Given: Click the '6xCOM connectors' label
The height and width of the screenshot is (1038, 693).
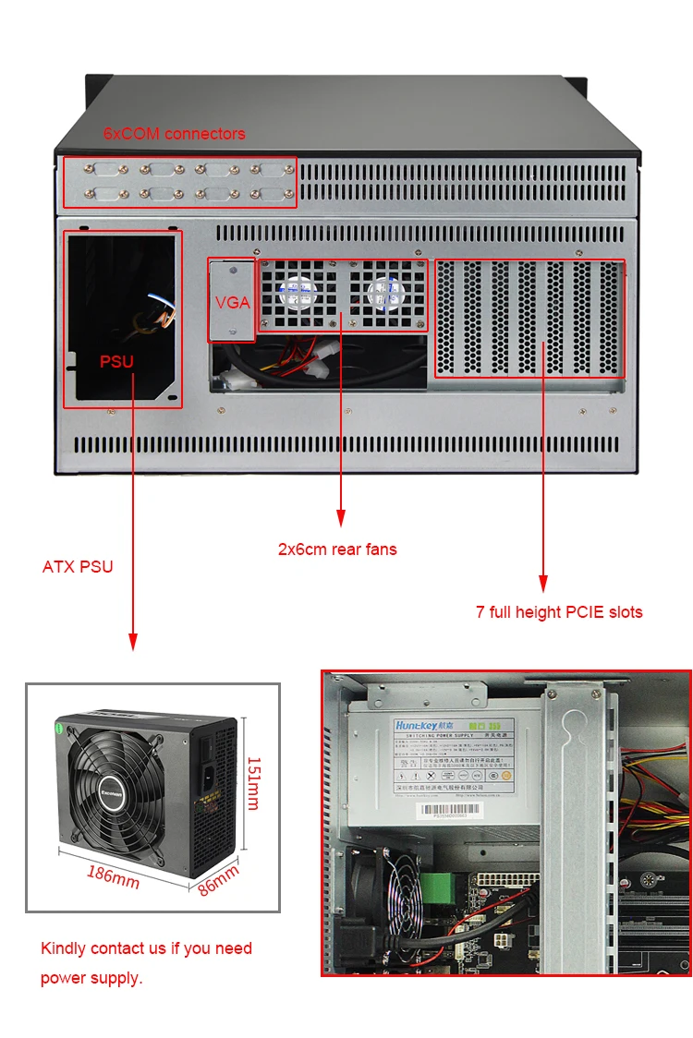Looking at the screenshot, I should [174, 134].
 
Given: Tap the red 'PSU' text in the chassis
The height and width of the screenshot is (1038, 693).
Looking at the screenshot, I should [117, 361].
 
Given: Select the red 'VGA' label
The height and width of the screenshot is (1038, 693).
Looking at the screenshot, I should [233, 303].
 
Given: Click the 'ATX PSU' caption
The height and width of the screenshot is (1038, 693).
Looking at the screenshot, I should [78, 566].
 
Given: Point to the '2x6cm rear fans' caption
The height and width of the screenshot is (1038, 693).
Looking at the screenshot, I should [337, 549].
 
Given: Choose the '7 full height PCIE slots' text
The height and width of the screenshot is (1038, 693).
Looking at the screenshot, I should [559, 611].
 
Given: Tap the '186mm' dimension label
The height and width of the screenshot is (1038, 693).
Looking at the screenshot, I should [114, 875].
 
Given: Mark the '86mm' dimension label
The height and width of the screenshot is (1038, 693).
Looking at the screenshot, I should [219, 880].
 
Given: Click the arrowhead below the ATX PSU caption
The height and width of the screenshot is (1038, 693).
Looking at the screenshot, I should [133, 641].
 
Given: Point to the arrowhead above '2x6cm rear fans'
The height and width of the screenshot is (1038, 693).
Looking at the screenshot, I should [341, 519].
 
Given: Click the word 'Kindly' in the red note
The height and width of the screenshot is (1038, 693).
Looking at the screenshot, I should [64, 948].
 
